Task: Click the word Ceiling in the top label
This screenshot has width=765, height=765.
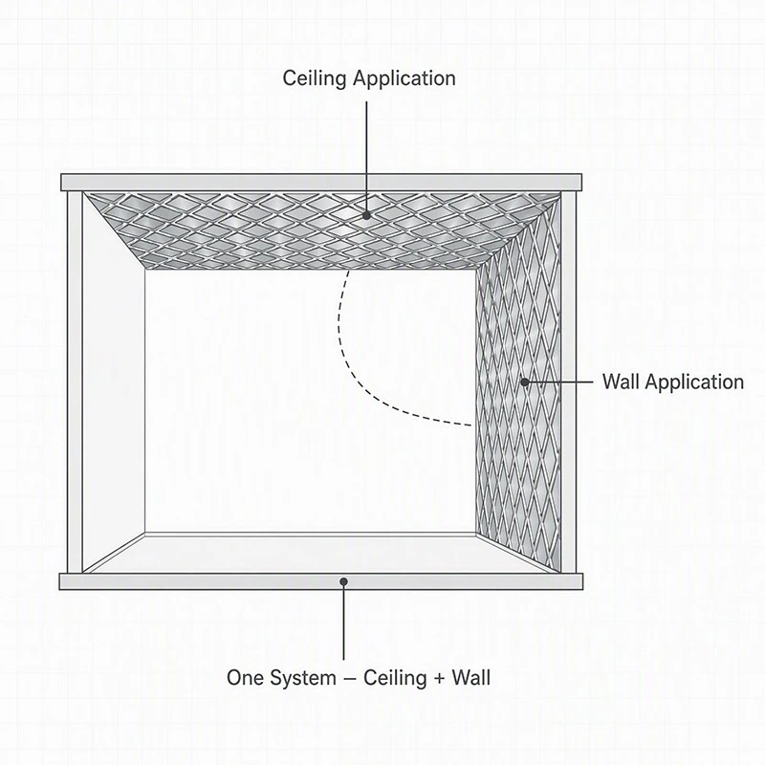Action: pos(315,78)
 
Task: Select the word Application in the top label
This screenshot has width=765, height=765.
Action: pos(404,78)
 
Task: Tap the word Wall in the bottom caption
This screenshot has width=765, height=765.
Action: pos(470,678)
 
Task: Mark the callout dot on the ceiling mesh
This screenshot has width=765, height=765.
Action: pos(366,215)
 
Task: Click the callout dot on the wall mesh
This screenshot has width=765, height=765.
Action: pos(524,382)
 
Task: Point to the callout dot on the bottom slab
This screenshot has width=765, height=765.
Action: pos(344,581)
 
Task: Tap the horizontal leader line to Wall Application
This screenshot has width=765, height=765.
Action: pos(559,382)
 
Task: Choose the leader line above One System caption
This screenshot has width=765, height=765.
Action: pos(344,621)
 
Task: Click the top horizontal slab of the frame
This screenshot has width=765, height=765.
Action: pos(321,183)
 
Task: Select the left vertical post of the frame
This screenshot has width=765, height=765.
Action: pos(75,382)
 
